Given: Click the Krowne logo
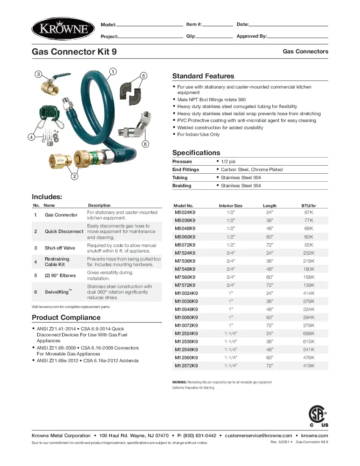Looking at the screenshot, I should [x=63, y=29].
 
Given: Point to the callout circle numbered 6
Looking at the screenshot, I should [x=145, y=144].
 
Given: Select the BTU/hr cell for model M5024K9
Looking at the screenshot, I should [x=308, y=212].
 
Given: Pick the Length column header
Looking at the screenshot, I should [x=269, y=205].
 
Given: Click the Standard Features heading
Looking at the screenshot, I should [x=203, y=76].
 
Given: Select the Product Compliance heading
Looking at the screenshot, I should [x=66, y=318].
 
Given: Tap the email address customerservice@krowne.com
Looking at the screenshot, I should [x=258, y=435].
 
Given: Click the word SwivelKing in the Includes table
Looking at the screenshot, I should [x=57, y=292].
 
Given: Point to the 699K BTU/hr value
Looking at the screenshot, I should [x=308, y=333].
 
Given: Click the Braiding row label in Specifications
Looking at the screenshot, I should [x=182, y=186].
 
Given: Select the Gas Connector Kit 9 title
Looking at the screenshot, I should [x=74, y=52].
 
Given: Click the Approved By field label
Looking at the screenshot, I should [x=252, y=36].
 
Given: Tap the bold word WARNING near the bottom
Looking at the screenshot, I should [x=179, y=382].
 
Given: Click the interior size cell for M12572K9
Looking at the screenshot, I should [x=230, y=366].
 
